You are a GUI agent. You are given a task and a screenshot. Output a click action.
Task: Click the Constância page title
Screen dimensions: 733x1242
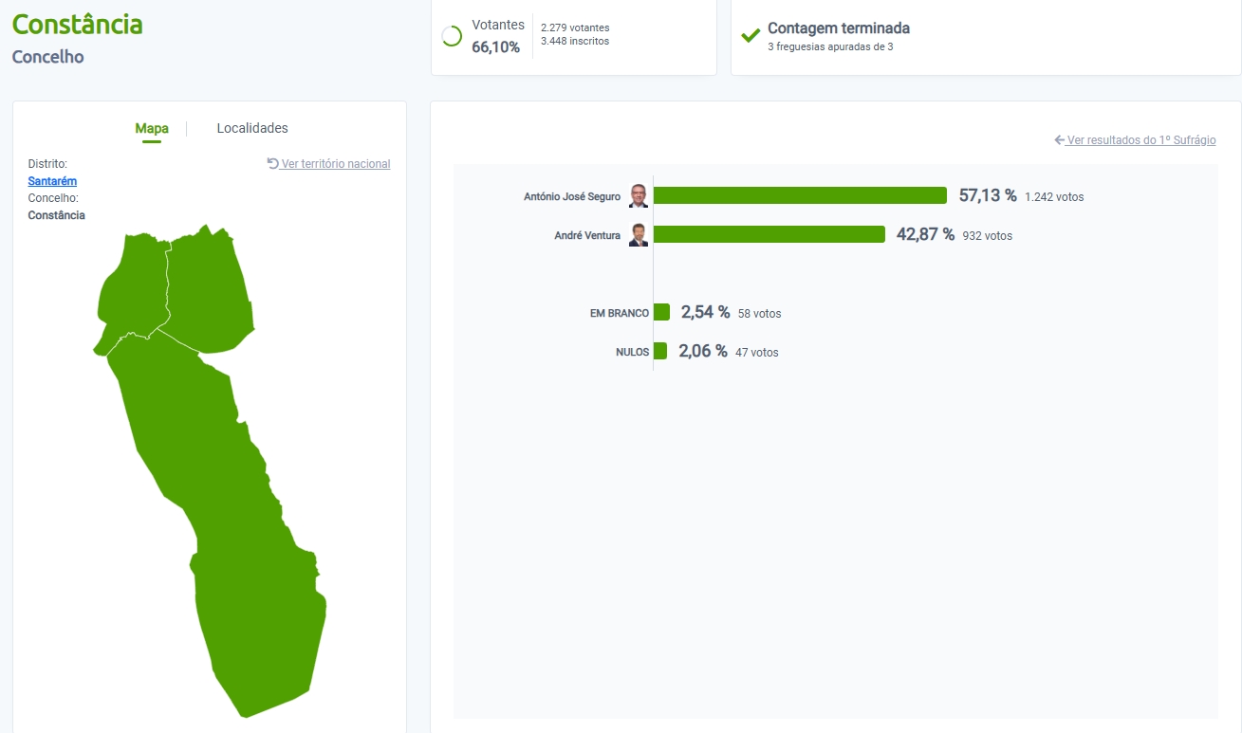click(77, 24)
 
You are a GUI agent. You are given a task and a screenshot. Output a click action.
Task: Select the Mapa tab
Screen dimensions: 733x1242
click(152, 129)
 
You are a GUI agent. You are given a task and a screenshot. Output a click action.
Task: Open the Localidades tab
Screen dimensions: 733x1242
click(252, 128)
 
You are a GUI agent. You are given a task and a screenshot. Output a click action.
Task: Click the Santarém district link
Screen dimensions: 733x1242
click(52, 181)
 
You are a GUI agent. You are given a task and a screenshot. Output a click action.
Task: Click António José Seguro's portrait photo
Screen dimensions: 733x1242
click(639, 196)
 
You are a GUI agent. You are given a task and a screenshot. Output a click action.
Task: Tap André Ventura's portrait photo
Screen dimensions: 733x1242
click(639, 235)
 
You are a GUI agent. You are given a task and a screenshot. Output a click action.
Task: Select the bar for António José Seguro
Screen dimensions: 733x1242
click(800, 195)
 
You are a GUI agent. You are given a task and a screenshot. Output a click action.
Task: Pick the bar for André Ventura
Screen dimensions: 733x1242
click(769, 234)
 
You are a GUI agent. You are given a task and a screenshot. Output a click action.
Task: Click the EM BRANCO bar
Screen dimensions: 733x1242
click(661, 312)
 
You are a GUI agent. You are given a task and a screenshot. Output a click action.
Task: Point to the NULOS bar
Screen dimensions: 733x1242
click(660, 351)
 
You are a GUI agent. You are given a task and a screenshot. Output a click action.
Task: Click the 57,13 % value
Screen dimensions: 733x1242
click(988, 195)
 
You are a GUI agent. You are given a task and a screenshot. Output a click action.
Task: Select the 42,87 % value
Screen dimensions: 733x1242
click(925, 234)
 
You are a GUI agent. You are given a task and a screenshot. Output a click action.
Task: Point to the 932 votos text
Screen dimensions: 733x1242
click(988, 236)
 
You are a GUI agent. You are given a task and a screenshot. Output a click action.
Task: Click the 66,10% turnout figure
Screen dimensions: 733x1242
click(495, 47)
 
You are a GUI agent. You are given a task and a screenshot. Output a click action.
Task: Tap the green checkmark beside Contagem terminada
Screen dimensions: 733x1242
click(751, 36)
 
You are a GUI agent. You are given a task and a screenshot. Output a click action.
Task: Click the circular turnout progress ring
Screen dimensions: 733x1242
click(453, 36)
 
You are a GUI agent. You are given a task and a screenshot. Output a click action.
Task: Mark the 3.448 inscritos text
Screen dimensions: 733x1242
click(575, 42)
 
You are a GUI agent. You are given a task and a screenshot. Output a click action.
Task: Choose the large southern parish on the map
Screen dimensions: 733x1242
click(237, 531)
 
